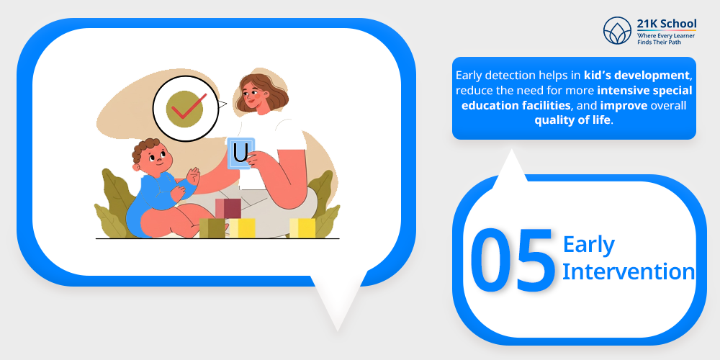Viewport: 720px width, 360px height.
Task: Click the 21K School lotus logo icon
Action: coord(618,31)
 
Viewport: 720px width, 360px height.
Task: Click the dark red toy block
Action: coord(228,209)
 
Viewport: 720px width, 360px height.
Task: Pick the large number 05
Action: coord(513,260)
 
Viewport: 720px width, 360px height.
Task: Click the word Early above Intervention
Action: coord(589,246)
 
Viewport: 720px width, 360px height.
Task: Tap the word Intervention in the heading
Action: coord(629,271)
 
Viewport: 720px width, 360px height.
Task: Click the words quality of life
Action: coord(572,120)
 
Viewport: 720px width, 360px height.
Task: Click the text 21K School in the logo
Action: coord(666,24)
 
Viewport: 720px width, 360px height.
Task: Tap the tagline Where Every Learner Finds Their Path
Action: coord(666,39)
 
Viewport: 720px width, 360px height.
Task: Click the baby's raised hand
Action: coord(194,176)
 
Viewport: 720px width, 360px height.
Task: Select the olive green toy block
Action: coord(212,228)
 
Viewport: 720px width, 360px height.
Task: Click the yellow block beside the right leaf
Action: coord(302,228)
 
